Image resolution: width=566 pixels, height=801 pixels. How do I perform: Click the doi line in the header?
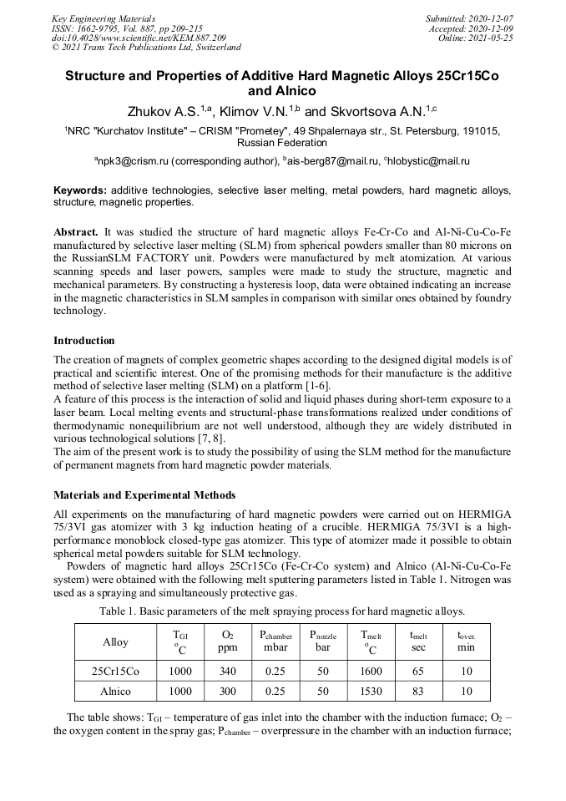point(139,38)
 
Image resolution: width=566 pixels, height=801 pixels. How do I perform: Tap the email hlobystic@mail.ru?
point(427,160)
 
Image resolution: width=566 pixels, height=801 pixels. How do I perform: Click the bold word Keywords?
point(80,190)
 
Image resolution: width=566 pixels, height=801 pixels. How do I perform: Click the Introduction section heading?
point(84,341)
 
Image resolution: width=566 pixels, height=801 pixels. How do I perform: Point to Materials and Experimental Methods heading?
point(144,495)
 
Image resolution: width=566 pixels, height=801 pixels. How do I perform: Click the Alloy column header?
point(115,642)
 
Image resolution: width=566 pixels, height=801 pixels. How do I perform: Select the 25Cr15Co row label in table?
point(115,671)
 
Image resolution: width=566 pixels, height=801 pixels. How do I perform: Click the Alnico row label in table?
point(115,691)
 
